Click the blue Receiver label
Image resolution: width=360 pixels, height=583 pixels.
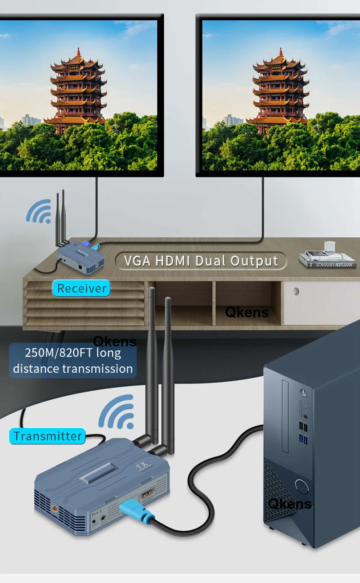pyautogui.click(x=81, y=288)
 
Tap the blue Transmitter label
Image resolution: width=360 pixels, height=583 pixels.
pyautogui.click(x=47, y=436)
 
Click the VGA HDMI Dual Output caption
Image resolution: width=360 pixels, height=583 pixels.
pyautogui.click(x=201, y=261)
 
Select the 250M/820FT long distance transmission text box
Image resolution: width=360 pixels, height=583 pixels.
pyautogui.click(x=73, y=360)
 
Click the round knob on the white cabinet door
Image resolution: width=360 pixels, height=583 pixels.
pyautogui.click(x=295, y=291)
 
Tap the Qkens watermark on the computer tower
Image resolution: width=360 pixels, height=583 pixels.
pyautogui.click(x=290, y=503)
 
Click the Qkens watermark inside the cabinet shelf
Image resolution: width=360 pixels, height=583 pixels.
pyautogui.click(x=247, y=312)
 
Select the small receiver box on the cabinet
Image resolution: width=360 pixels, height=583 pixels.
pyautogui.click(x=81, y=257)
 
